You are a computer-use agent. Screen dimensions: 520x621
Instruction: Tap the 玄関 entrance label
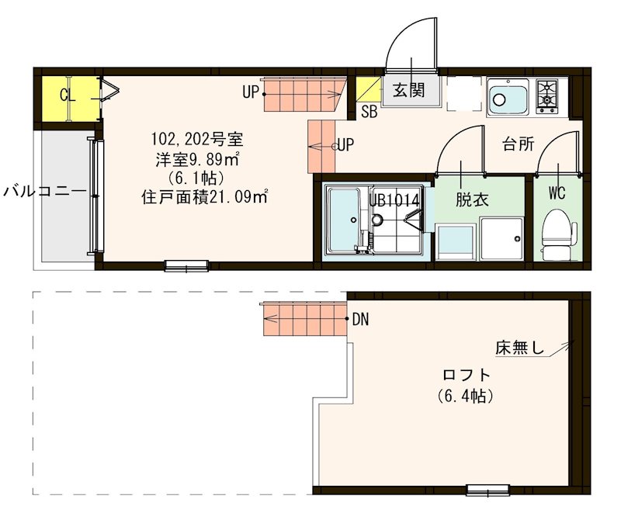[x=408, y=90]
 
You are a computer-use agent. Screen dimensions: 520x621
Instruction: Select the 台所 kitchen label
[x=518, y=144]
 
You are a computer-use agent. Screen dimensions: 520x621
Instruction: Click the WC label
[x=556, y=191]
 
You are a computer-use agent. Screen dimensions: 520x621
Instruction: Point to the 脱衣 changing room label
[x=471, y=199]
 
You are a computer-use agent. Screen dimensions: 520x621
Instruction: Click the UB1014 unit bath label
[x=394, y=199]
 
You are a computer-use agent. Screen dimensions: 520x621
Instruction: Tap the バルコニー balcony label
[x=43, y=190]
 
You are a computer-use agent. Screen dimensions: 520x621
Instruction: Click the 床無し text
[x=520, y=347]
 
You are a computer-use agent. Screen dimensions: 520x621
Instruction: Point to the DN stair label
[x=361, y=319]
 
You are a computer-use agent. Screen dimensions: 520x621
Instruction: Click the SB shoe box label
[x=369, y=111]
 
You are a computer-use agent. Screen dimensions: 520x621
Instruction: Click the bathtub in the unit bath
[x=342, y=221]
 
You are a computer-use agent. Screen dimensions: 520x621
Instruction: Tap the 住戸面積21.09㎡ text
[x=204, y=197]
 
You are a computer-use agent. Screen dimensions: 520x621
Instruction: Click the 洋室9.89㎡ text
[x=196, y=160]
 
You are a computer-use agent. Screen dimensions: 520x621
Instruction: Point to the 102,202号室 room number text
[x=196, y=140]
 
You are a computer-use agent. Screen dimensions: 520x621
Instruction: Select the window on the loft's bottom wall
[x=487, y=490]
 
